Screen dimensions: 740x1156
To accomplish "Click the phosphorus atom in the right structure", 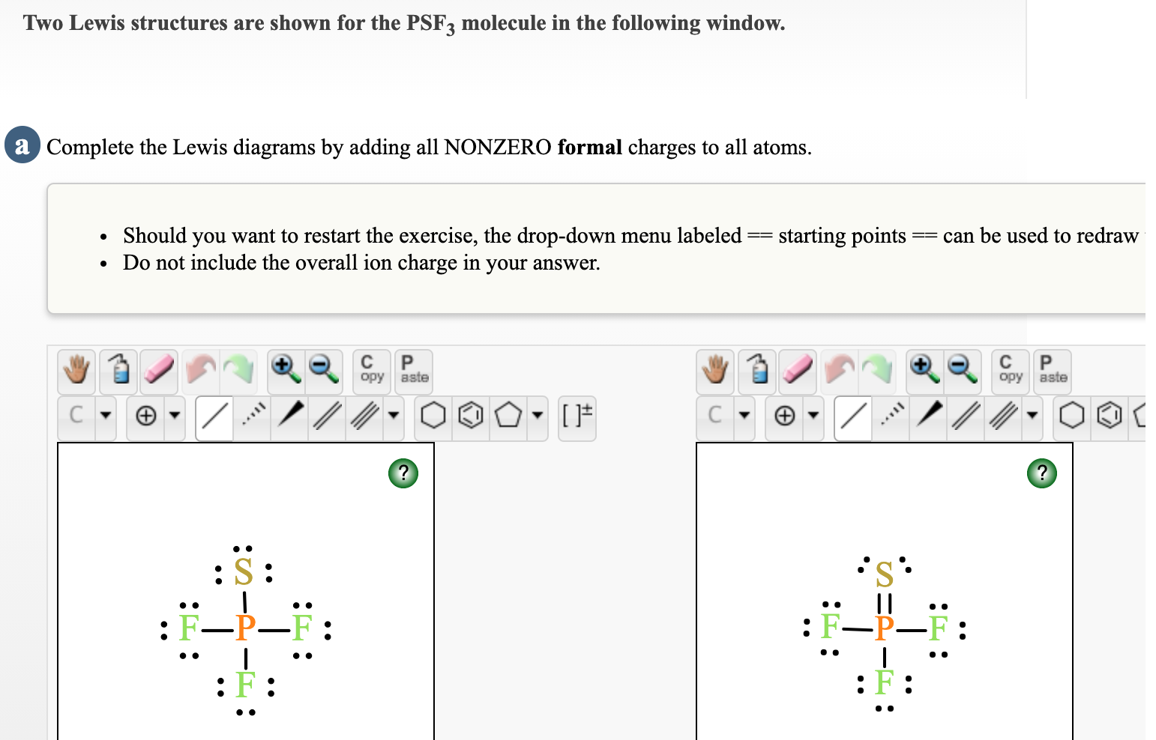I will tap(885, 628).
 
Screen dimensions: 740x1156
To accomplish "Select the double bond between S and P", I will tap(885, 601).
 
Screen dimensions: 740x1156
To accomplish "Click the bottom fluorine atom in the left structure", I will tap(245, 685).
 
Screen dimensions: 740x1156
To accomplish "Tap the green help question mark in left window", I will tap(403, 473).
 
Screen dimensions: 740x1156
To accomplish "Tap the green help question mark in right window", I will tap(1041, 473).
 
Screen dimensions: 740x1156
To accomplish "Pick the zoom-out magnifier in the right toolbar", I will tap(962, 369).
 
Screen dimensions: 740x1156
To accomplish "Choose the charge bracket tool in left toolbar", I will tap(577, 415).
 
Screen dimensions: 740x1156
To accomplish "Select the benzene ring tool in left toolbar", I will tap(470, 415).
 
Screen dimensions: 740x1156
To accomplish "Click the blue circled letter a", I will tap(22, 145).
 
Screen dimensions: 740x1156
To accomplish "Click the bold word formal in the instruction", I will tap(589, 147).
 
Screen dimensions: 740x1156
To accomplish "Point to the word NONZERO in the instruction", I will tap(498, 147).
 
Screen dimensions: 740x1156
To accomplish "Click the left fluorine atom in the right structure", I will tap(831, 626).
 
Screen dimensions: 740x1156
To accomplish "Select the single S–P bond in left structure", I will tap(245, 601).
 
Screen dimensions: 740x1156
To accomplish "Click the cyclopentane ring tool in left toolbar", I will tap(508, 415).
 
